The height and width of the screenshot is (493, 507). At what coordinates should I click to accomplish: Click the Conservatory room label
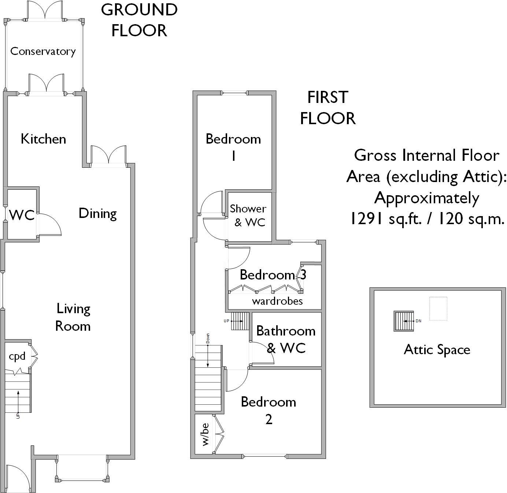[43, 51]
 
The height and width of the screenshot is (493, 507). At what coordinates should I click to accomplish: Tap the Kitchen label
[43, 139]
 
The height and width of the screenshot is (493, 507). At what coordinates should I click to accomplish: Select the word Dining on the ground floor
[97, 214]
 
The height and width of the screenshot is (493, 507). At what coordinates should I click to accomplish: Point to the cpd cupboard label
[17, 356]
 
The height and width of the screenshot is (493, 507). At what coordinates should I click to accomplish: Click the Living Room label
[73, 317]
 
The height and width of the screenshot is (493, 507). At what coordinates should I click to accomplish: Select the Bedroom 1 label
[233, 147]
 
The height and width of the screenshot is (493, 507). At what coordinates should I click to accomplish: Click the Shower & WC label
[248, 216]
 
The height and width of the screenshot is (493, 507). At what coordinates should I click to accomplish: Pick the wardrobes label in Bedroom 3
[277, 301]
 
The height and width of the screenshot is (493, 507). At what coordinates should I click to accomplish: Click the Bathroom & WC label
[286, 339]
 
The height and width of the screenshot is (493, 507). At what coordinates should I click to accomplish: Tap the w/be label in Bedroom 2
[205, 434]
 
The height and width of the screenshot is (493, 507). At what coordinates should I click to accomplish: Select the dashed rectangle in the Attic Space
[438, 308]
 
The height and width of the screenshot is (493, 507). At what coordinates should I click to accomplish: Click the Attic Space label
[437, 350]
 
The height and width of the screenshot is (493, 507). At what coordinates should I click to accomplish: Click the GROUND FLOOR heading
[139, 20]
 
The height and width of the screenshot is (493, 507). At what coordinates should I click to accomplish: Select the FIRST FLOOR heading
[328, 108]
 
